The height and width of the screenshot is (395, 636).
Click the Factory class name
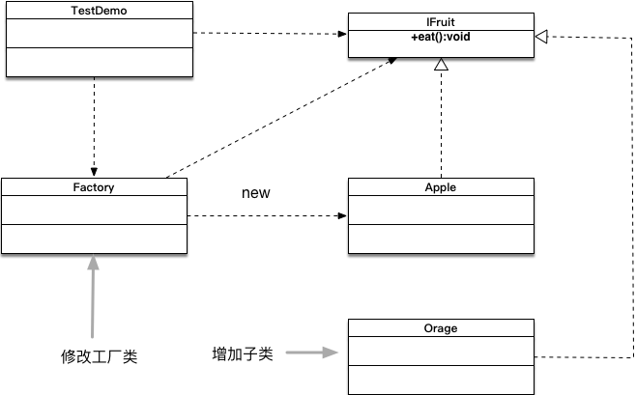pyautogui.click(x=94, y=187)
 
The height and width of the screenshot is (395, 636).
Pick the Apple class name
pyautogui.click(x=440, y=187)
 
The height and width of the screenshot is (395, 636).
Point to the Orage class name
pyautogui.click(x=440, y=328)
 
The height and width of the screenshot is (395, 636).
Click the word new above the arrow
pyautogui.click(x=255, y=193)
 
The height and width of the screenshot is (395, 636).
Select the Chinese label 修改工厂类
pyautogui.click(x=99, y=356)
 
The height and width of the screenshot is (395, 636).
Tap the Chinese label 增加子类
pyautogui.click(x=243, y=353)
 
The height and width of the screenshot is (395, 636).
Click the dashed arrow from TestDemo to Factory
pyautogui.click(x=94, y=126)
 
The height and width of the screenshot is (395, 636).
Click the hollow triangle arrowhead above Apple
pyautogui.click(x=441, y=66)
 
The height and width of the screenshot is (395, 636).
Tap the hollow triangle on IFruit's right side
pyautogui.click(x=542, y=36)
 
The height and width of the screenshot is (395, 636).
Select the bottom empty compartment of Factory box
pyautogui.click(x=94, y=239)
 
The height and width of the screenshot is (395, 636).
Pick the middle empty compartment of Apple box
pyautogui.click(x=440, y=210)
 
